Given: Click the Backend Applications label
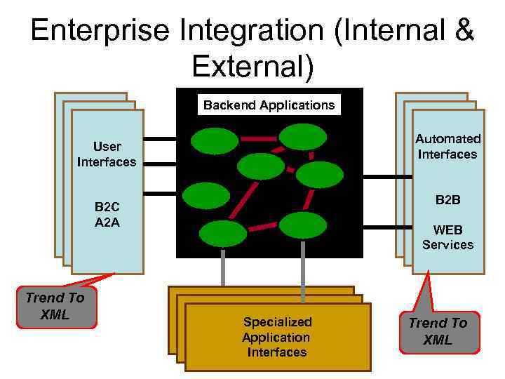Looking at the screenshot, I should [x=269, y=105].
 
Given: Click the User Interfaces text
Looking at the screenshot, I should [x=107, y=154].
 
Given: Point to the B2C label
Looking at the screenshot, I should [x=107, y=208].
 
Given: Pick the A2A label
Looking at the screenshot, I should [x=107, y=223].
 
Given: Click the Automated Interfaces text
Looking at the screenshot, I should [x=447, y=147].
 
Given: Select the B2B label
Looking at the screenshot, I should [x=447, y=200].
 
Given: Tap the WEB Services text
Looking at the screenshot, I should [x=447, y=237].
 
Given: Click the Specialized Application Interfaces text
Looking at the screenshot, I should [x=276, y=337].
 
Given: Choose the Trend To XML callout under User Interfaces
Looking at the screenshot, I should [x=55, y=306].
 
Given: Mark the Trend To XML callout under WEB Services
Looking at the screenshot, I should [x=438, y=331].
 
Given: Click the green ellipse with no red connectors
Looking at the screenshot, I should [x=206, y=196].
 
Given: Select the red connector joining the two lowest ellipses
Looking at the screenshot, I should [x=262, y=227].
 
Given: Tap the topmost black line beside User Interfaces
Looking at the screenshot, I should [x=159, y=139].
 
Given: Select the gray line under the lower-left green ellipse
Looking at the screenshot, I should [x=223, y=267].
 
